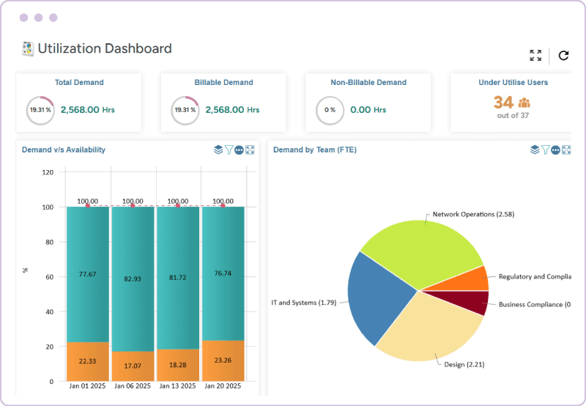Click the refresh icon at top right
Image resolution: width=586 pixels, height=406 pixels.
pos(563,56)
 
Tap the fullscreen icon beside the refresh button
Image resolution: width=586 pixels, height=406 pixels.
pos(535,56)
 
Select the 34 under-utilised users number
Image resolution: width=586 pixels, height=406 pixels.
pos(503,103)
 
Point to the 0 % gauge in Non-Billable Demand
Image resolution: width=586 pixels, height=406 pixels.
pos(330,110)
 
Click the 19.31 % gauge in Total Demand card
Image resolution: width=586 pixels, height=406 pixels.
pos(40,110)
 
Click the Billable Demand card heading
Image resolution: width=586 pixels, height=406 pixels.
pos(223,83)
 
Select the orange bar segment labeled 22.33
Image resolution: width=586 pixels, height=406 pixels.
pos(88,361)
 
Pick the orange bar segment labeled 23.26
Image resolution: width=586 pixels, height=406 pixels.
pos(223,360)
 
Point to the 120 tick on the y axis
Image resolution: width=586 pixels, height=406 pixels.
pos(48,173)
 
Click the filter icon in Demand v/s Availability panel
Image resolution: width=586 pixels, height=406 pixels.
pos(229,150)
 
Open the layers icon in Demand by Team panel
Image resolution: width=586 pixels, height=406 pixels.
pos(535,150)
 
